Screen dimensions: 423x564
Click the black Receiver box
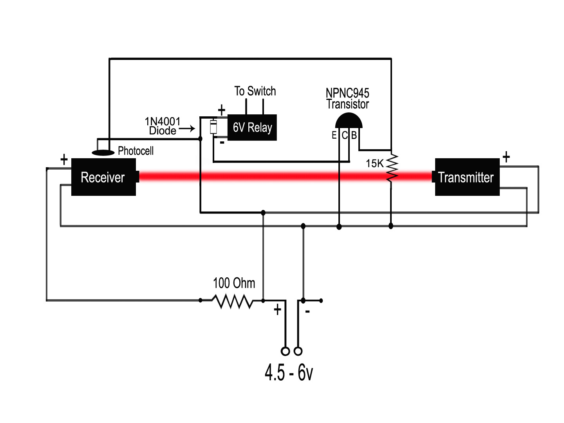pos(103,177)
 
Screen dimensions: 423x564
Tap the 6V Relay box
pos(252,128)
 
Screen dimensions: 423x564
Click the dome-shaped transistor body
pos(349,121)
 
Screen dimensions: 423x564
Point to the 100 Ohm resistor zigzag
pos(233,301)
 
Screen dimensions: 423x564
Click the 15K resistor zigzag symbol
pos(392,168)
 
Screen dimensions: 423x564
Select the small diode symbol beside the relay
pos(213,127)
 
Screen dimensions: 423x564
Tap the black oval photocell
pos(103,152)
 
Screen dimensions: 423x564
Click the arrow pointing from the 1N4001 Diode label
pos(187,128)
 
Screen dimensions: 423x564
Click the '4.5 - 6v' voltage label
pos(289,372)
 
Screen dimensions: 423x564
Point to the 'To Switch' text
pos(255,91)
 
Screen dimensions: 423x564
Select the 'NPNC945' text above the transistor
pos(347,93)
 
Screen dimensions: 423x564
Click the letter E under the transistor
pos(334,136)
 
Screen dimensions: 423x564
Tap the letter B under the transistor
pos(354,136)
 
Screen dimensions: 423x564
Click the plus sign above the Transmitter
pos(506,157)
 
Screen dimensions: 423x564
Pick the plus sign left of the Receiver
pos(64,159)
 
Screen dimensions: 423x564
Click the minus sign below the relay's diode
pos(222,143)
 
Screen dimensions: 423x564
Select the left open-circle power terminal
pos(286,351)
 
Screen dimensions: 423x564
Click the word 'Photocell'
pos(136,151)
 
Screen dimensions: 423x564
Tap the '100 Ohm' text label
pos(234,283)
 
